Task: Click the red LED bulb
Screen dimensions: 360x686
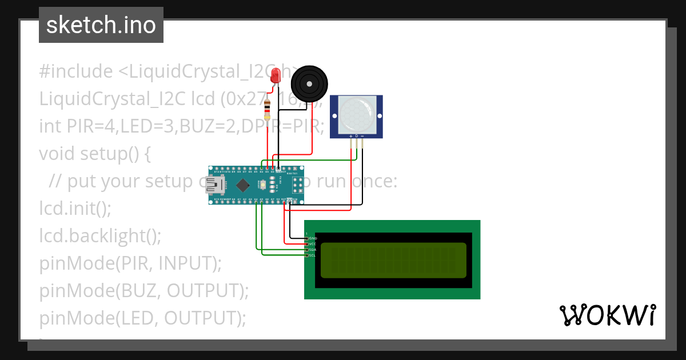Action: tap(276, 74)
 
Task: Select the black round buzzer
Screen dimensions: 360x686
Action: tap(309, 84)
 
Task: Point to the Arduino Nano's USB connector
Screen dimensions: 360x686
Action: tap(216, 185)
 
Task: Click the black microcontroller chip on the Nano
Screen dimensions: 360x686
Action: tap(244, 185)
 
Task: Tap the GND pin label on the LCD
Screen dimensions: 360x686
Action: tap(313, 238)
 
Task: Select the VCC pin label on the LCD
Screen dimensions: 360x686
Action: tap(313, 244)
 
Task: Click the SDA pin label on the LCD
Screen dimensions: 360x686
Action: tap(313, 250)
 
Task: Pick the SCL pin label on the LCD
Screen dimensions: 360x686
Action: tap(313, 255)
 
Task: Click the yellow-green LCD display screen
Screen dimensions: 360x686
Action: tap(393, 260)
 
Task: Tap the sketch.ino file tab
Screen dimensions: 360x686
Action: tap(101, 25)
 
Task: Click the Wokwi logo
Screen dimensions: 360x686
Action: tap(607, 315)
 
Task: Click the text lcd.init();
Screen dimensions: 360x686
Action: tap(75, 209)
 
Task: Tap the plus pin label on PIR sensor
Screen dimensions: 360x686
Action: tap(350, 136)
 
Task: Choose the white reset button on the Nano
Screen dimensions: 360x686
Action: tap(262, 185)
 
